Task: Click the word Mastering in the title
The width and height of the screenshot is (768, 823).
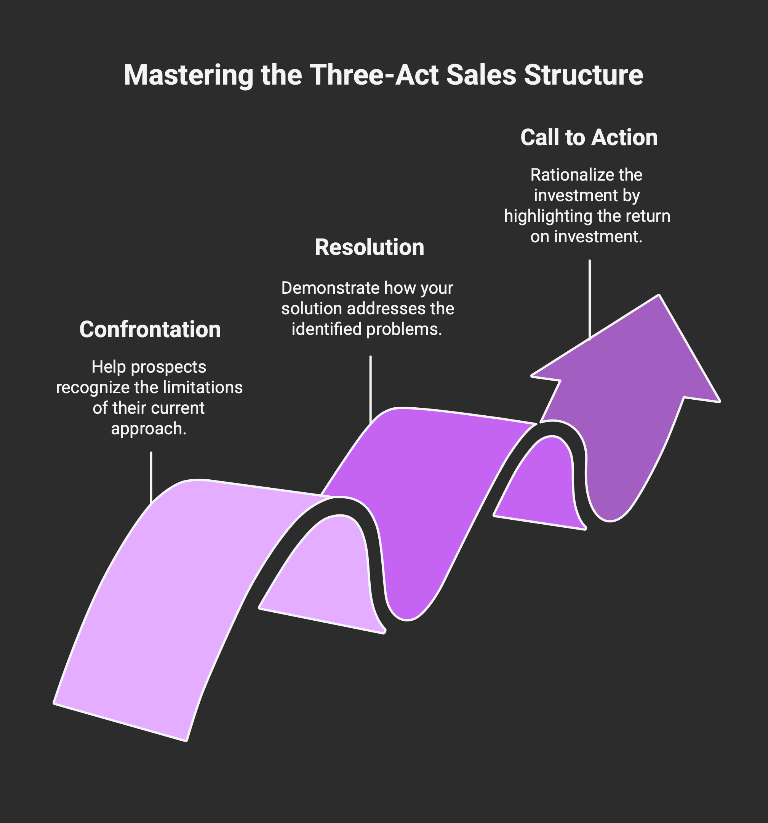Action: pyautogui.click(x=188, y=75)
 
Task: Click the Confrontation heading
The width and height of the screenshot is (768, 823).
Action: pyautogui.click(x=150, y=330)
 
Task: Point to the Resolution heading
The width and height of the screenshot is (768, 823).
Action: pyautogui.click(x=369, y=247)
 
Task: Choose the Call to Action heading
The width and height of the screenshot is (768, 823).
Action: pyautogui.click(x=589, y=138)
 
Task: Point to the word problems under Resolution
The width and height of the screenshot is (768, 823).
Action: pyautogui.click(x=404, y=329)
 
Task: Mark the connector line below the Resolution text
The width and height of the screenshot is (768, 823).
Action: pyautogui.click(x=371, y=389)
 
